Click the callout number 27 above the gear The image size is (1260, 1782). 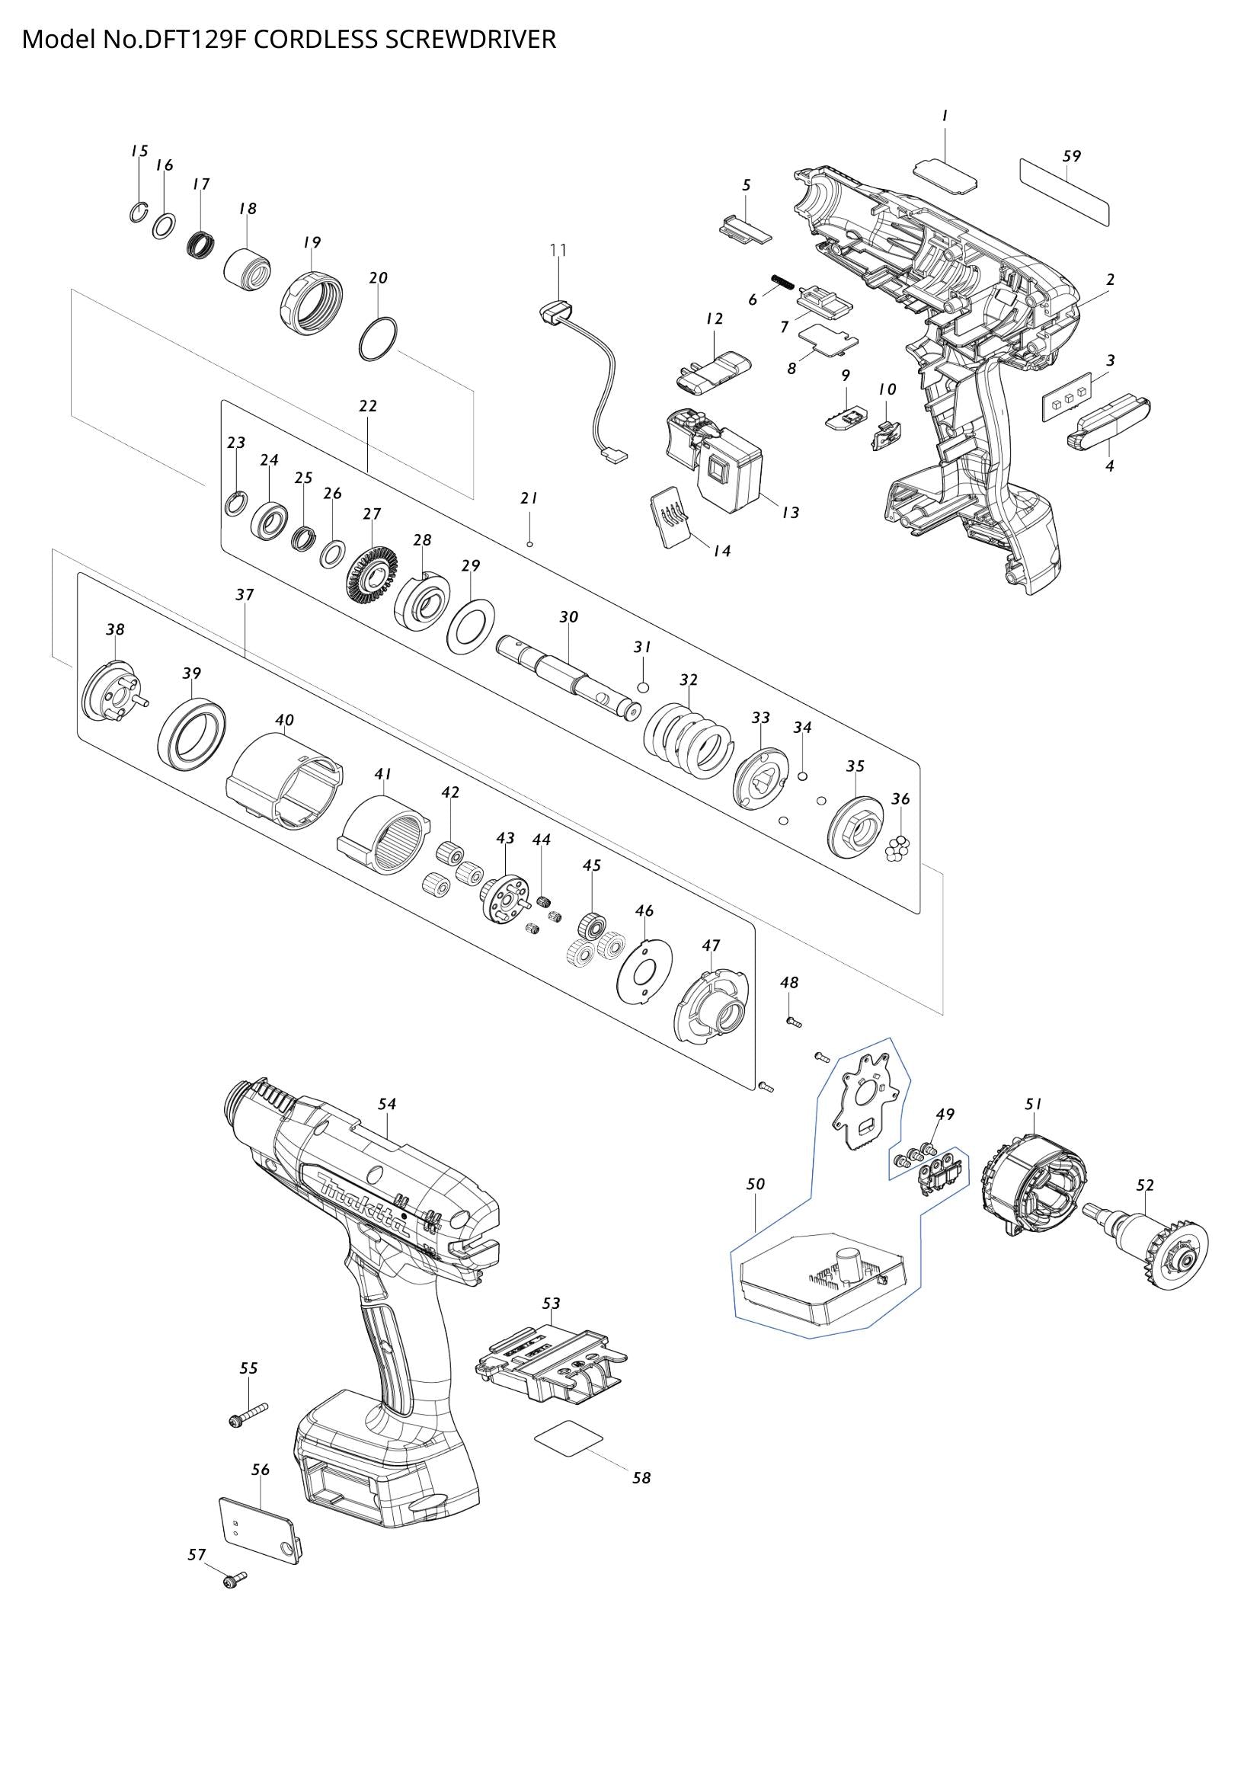point(372,513)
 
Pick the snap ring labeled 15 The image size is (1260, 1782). point(137,212)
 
